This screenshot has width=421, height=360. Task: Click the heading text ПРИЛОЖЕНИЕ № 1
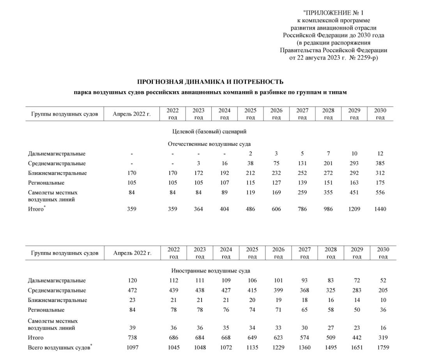coord(334,13)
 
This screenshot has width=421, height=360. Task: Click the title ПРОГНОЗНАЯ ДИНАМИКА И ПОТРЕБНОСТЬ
coord(210,82)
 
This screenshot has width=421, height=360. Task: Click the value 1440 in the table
coord(380,209)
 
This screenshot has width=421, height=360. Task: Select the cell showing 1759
coord(383,347)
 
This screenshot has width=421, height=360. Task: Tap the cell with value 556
coord(380,192)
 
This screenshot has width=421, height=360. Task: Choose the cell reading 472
coord(132,290)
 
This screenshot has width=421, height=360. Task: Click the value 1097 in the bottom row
coord(132,347)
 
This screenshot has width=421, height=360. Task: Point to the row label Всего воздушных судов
coord(58,347)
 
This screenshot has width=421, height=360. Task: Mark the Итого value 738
coord(132,337)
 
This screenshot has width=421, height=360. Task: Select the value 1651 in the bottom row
coord(357,347)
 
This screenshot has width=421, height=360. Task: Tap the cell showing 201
coord(328,163)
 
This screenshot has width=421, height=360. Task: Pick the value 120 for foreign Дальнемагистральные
coord(132,281)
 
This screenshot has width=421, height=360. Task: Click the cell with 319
coord(383,337)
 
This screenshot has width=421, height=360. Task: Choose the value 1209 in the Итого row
coord(354,209)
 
